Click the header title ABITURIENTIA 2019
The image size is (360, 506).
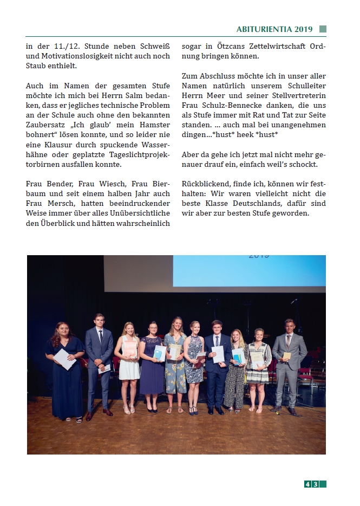tap(274, 29)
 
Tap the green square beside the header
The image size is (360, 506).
tap(323, 29)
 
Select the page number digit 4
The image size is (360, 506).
tap(307, 484)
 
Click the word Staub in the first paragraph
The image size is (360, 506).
tap(38, 66)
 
